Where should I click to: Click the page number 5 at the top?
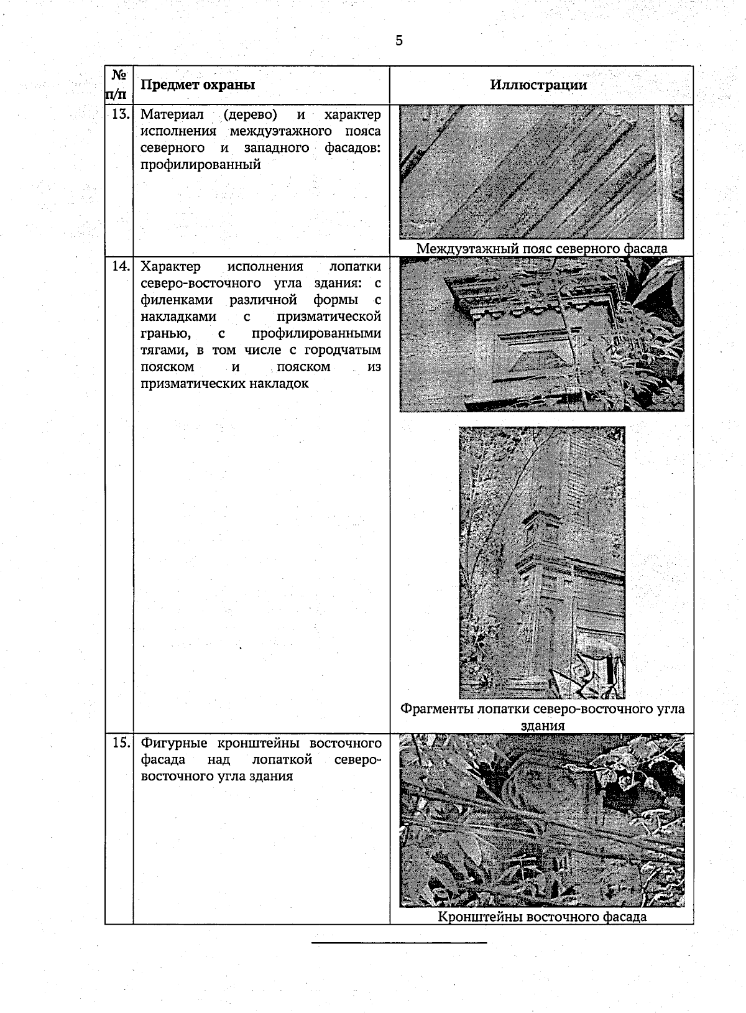point(398,41)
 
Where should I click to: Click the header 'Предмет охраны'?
point(198,85)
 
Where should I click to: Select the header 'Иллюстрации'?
point(538,85)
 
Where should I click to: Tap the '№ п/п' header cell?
point(118,85)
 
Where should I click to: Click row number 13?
point(120,114)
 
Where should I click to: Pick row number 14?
point(120,267)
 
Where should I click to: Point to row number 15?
point(120,742)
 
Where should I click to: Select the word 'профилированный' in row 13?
point(200,165)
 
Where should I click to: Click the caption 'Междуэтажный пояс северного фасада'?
point(541,248)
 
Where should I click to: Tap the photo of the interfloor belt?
point(541,172)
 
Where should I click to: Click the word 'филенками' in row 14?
point(177,300)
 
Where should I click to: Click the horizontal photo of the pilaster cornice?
point(541,335)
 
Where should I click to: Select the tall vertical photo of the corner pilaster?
point(541,562)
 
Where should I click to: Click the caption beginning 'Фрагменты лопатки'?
point(541,710)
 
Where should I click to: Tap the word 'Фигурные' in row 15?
point(175,743)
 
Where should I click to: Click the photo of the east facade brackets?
point(541,821)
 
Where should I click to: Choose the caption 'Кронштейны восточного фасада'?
point(541,917)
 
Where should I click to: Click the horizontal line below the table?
point(398,943)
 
